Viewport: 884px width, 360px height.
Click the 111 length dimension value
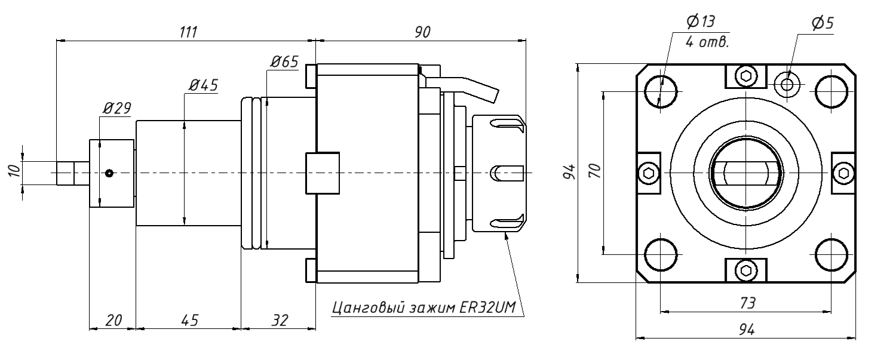189,32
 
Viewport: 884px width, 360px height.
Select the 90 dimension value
422,32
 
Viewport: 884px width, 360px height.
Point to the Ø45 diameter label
202,85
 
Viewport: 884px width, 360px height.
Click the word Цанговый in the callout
369,308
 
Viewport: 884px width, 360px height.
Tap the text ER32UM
489,308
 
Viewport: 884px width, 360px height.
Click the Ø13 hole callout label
701,22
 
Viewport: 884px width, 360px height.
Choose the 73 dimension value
746,303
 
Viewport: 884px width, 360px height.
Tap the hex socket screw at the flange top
745,75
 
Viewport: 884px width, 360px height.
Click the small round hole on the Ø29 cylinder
109,173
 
